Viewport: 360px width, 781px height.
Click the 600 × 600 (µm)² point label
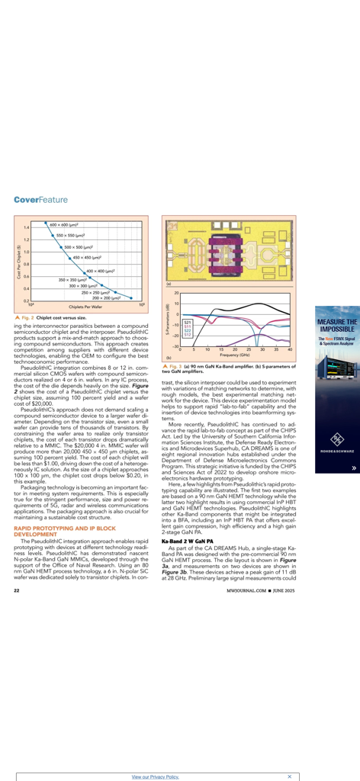click(66, 226)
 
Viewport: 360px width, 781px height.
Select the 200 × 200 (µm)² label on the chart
click(118, 297)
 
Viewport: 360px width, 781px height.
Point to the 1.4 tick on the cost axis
click(26, 227)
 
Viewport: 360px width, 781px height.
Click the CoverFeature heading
click(40, 200)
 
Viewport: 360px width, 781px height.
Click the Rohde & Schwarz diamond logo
click(336, 439)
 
